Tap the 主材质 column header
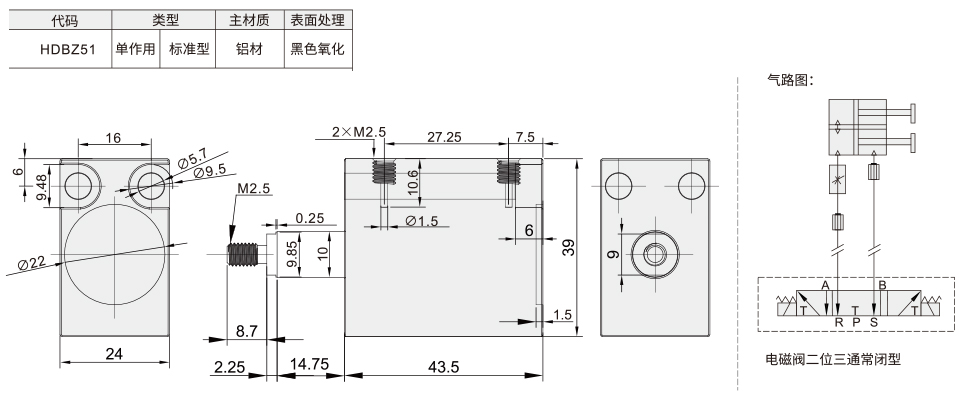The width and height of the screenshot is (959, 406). [x=250, y=20]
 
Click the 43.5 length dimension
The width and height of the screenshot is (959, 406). [x=444, y=366]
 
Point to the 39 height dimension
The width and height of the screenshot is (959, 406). [x=568, y=248]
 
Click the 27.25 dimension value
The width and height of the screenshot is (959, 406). [x=444, y=137]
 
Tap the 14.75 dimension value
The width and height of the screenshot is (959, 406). [x=309, y=364]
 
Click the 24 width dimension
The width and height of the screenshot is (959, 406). [x=114, y=353]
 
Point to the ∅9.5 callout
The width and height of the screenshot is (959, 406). [x=210, y=172]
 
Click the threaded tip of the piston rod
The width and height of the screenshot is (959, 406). [x=242, y=254]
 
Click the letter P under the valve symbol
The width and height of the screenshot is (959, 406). [x=856, y=322]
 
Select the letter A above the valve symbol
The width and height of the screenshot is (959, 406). [x=824, y=286]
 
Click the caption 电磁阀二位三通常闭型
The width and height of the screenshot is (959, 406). [x=833, y=360]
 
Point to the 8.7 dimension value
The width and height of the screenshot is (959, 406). [x=247, y=331]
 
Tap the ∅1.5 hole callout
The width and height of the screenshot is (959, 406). [x=422, y=221]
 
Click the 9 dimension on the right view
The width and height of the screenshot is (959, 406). [x=615, y=253]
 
